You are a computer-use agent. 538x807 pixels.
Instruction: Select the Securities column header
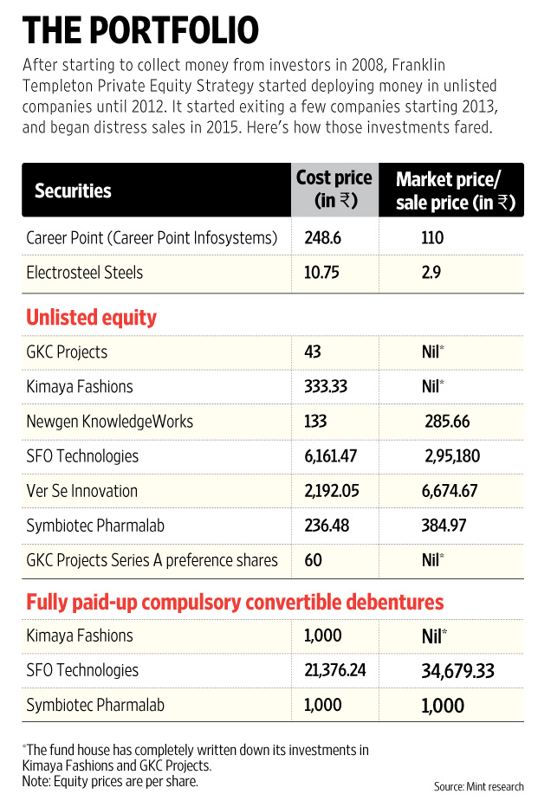tap(73, 190)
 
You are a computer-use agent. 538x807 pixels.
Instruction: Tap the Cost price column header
tap(334, 190)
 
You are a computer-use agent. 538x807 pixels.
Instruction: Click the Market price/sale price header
tap(455, 190)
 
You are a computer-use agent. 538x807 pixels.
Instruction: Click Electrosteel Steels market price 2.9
tap(433, 273)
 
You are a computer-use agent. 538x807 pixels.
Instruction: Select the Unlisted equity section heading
tap(92, 318)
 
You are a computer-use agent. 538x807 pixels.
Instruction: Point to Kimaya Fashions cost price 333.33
tap(327, 387)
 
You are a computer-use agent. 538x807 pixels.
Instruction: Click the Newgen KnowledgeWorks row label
tap(110, 422)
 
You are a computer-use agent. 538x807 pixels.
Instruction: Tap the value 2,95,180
tap(452, 456)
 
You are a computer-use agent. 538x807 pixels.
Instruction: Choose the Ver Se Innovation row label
tap(82, 491)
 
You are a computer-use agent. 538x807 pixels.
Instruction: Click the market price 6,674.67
tap(452, 491)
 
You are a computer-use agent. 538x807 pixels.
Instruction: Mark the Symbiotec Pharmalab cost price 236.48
tap(326, 526)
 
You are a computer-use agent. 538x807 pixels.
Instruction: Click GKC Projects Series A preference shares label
tap(152, 560)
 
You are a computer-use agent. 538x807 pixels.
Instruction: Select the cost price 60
tap(313, 560)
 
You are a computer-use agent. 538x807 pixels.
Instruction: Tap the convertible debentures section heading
tap(235, 602)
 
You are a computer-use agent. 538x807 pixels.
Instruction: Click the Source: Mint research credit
tap(479, 786)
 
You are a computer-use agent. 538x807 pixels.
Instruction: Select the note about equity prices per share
tap(110, 780)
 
